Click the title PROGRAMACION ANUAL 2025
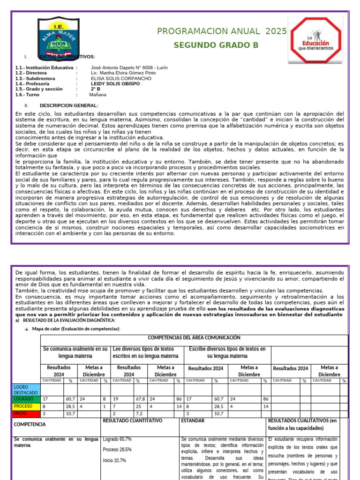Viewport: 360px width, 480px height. (222, 31)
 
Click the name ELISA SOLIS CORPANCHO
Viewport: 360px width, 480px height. (114, 79)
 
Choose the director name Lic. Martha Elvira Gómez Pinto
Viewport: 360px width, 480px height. (123, 73)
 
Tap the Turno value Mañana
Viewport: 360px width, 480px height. (97, 94)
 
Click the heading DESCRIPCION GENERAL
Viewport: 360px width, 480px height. (69, 105)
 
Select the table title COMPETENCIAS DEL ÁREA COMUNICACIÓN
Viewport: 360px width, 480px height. (194, 337)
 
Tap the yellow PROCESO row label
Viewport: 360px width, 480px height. (23, 406)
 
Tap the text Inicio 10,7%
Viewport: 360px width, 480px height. (114, 460)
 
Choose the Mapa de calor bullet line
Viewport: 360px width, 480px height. (76, 329)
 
